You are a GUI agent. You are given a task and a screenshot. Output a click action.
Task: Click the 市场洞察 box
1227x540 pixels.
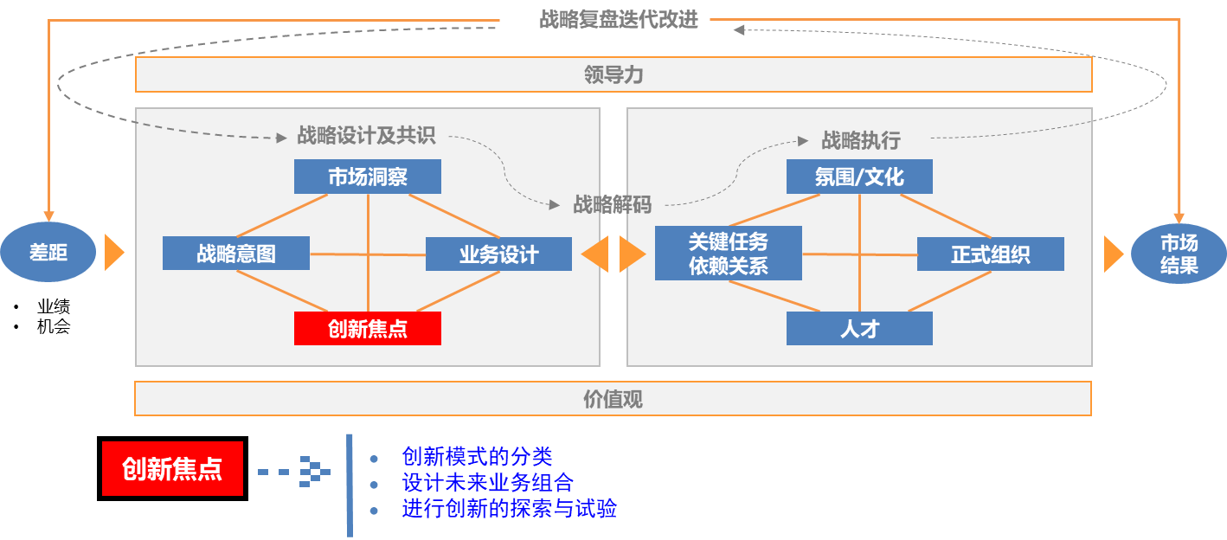click(x=368, y=177)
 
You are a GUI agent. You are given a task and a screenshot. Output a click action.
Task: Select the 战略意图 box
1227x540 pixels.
click(x=236, y=254)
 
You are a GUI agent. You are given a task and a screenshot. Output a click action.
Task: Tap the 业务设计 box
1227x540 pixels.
click(x=498, y=254)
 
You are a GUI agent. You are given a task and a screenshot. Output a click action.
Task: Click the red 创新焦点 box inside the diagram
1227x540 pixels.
click(x=368, y=329)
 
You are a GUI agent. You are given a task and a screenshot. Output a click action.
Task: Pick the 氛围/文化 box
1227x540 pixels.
click(x=859, y=177)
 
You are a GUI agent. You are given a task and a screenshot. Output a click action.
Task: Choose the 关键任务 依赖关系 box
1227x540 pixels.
click(x=728, y=254)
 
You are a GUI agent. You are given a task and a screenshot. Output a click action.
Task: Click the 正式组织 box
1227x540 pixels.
click(x=990, y=254)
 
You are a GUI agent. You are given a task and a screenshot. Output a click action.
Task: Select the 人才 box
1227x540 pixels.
click(x=859, y=329)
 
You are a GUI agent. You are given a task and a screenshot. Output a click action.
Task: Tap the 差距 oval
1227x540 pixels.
click(x=48, y=253)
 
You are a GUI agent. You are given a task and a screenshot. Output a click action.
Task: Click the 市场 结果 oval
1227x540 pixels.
click(x=1179, y=254)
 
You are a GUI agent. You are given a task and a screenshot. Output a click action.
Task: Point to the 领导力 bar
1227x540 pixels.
click(x=613, y=75)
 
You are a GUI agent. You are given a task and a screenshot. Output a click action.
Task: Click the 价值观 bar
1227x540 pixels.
click(x=613, y=399)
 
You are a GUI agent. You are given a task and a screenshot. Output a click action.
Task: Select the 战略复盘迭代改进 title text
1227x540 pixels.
click(x=618, y=19)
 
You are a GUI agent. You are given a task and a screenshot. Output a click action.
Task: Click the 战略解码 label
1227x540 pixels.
click(x=612, y=204)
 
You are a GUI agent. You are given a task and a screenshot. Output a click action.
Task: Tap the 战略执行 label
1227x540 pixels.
click(x=861, y=140)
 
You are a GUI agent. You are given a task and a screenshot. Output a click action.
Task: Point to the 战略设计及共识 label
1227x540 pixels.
click(x=366, y=135)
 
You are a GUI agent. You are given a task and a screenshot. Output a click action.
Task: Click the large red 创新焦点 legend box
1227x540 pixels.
click(x=172, y=469)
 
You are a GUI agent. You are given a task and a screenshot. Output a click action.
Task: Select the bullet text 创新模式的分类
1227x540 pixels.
click(x=477, y=456)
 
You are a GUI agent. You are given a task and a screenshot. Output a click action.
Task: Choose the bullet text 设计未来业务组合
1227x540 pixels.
click(x=487, y=483)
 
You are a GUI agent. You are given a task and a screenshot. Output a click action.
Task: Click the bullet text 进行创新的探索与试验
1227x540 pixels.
click(x=509, y=509)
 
